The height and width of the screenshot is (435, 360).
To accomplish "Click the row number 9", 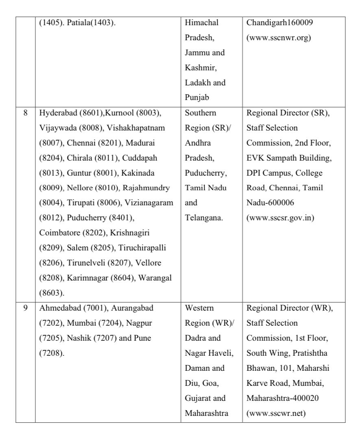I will tap(25, 308).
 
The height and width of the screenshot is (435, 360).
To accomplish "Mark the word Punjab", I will tap(196, 98).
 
